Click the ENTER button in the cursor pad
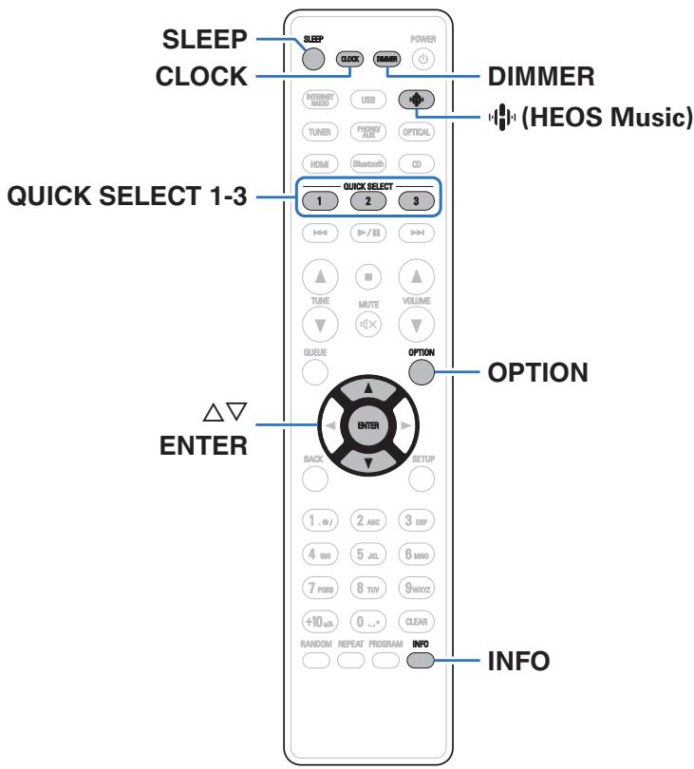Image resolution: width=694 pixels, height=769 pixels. (367, 427)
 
